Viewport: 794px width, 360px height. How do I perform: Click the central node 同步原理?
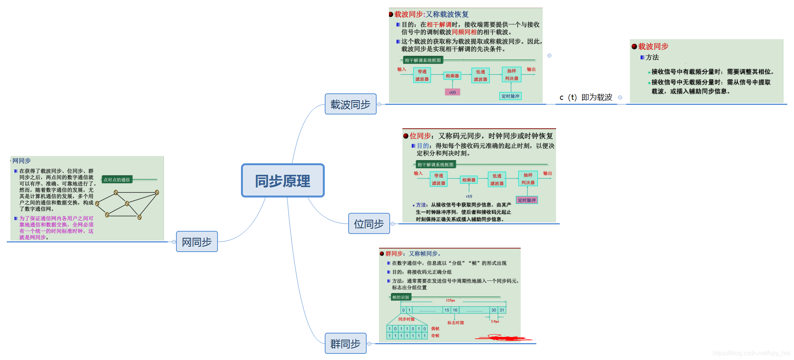[282, 181]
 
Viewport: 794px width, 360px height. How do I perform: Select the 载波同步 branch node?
[350, 104]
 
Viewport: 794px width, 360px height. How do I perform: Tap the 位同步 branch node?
[369, 224]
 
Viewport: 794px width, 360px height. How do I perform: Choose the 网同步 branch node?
[196, 242]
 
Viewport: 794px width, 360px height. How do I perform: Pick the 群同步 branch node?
[345, 343]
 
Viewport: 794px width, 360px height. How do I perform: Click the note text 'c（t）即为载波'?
[586, 98]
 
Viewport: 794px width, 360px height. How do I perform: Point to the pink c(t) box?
[452, 92]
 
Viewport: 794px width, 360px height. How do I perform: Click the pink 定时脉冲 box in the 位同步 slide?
[527, 200]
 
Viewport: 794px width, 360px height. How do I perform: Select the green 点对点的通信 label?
[117, 179]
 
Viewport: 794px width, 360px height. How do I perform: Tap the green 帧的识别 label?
[400, 297]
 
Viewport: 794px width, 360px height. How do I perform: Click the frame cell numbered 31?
[502, 310]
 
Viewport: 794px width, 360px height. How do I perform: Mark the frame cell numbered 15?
[447, 310]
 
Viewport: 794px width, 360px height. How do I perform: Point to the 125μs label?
[450, 300]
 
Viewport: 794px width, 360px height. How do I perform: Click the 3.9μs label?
[495, 321]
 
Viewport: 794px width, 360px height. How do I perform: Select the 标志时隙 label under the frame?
[455, 323]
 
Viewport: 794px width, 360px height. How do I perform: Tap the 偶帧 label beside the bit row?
[435, 328]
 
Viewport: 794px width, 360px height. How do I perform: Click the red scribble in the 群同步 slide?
[503, 338]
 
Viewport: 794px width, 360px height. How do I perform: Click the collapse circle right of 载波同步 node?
[379, 105]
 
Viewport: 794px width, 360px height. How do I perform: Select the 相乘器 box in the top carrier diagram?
[452, 76]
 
